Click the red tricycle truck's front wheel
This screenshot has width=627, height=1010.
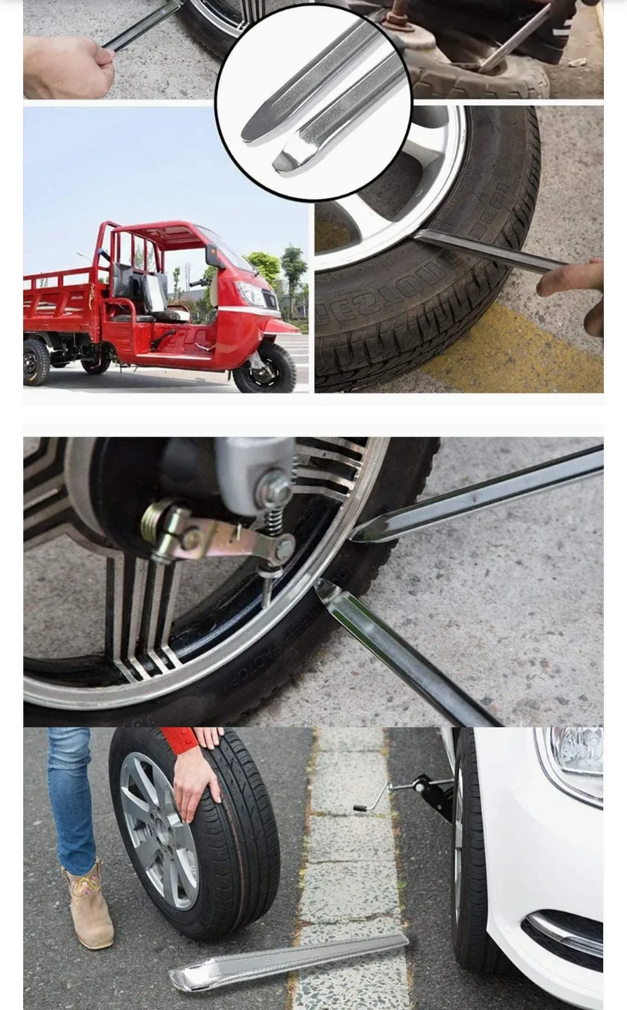point(264,368)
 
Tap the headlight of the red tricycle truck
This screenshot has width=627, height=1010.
point(250,293)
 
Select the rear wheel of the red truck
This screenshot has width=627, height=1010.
point(36,361)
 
